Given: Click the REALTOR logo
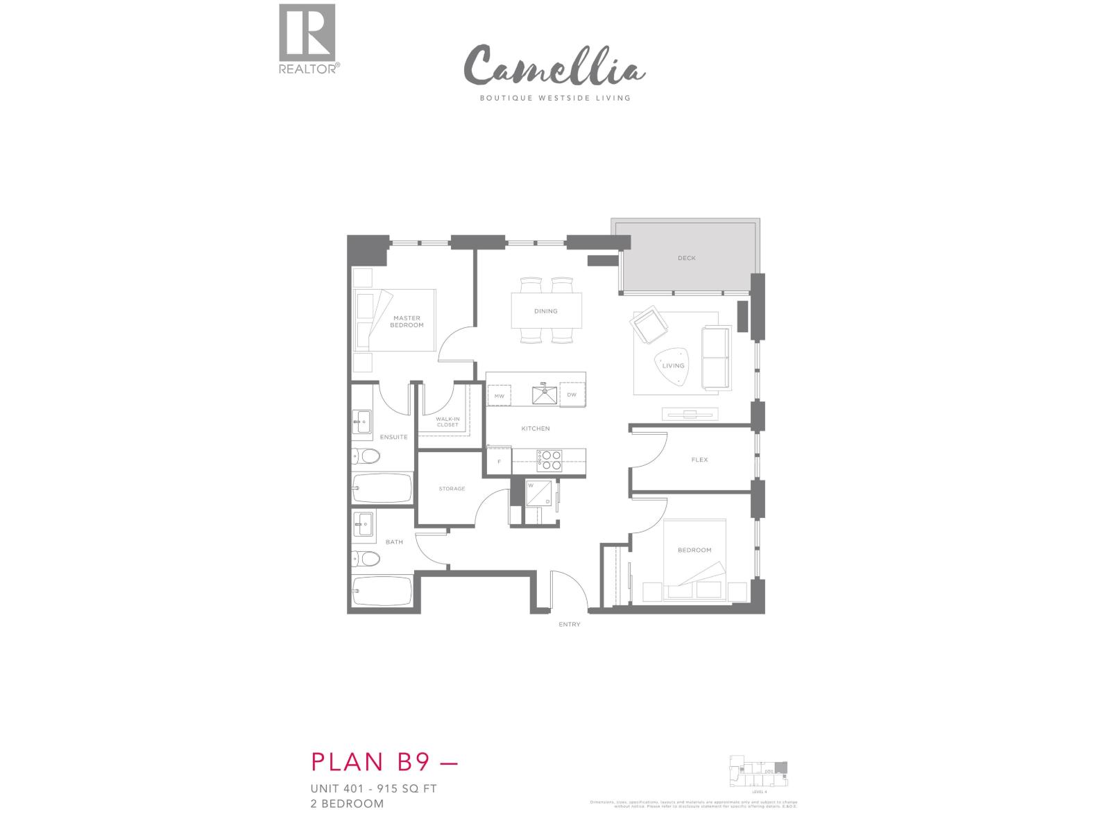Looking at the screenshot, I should coord(308,39).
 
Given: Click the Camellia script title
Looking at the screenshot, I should coord(554,67).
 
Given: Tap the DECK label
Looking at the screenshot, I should coord(686,258).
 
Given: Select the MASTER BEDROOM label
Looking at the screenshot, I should coord(406,322).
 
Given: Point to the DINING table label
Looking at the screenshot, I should coord(546,311).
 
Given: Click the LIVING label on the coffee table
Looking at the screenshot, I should coord(673,365).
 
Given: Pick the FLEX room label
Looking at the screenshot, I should coord(699,460).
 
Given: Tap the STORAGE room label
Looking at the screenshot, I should coord(452,489).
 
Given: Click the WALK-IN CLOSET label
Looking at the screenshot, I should coord(447,422).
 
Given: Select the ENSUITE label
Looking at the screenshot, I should coord(393,437).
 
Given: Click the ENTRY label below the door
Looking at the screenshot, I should coord(569,625).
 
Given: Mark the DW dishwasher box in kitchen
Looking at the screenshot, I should coord(572,395).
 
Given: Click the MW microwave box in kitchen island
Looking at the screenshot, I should coord(499,396).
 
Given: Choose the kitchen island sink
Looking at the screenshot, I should coord(545,395).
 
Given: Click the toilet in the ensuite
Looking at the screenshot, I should coord(366,456).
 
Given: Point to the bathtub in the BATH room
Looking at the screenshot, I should coord(382,591).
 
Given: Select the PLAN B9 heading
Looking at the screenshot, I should coord(385,761).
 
